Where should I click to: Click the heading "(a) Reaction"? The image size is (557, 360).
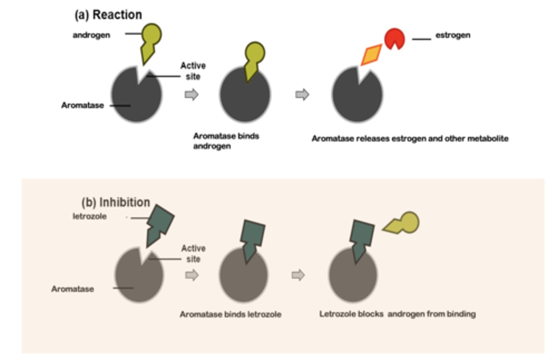pos(108,15)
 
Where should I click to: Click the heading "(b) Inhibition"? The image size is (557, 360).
pos(115,202)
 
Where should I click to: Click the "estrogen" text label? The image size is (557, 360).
pos(453,35)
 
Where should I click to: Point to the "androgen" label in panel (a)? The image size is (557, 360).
pos(91,35)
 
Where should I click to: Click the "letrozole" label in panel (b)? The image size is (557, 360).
pos(89,216)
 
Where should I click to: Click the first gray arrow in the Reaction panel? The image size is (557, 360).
pos(191,94)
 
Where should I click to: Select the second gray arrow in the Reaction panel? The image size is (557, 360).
pos(302,94)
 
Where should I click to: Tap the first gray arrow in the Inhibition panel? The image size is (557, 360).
pos(192,275)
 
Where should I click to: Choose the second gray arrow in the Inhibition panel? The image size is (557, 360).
pos(298,275)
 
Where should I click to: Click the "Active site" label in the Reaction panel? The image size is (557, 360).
pos(193,71)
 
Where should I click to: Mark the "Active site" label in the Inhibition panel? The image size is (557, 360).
pos(193,254)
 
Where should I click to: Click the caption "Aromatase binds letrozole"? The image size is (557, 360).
pos(230,314)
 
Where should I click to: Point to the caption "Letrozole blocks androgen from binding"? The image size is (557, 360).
pos(397,314)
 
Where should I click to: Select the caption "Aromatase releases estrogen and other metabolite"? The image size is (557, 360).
pos(410,139)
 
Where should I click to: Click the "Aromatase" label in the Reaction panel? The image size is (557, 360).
pos(82,105)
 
